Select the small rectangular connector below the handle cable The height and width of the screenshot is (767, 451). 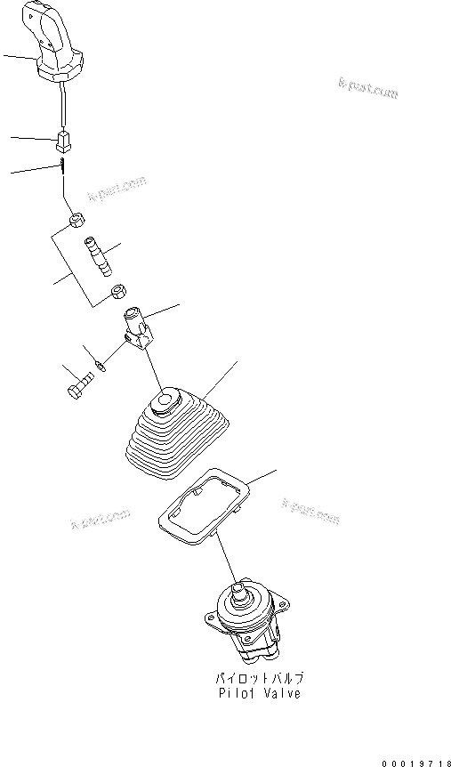[x=63, y=141]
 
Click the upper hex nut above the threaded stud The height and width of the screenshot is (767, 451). [x=77, y=218]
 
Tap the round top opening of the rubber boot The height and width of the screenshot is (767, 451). [x=164, y=403]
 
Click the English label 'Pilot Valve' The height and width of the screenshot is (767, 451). [x=259, y=693]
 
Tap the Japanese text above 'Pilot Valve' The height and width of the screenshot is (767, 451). [x=259, y=677]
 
